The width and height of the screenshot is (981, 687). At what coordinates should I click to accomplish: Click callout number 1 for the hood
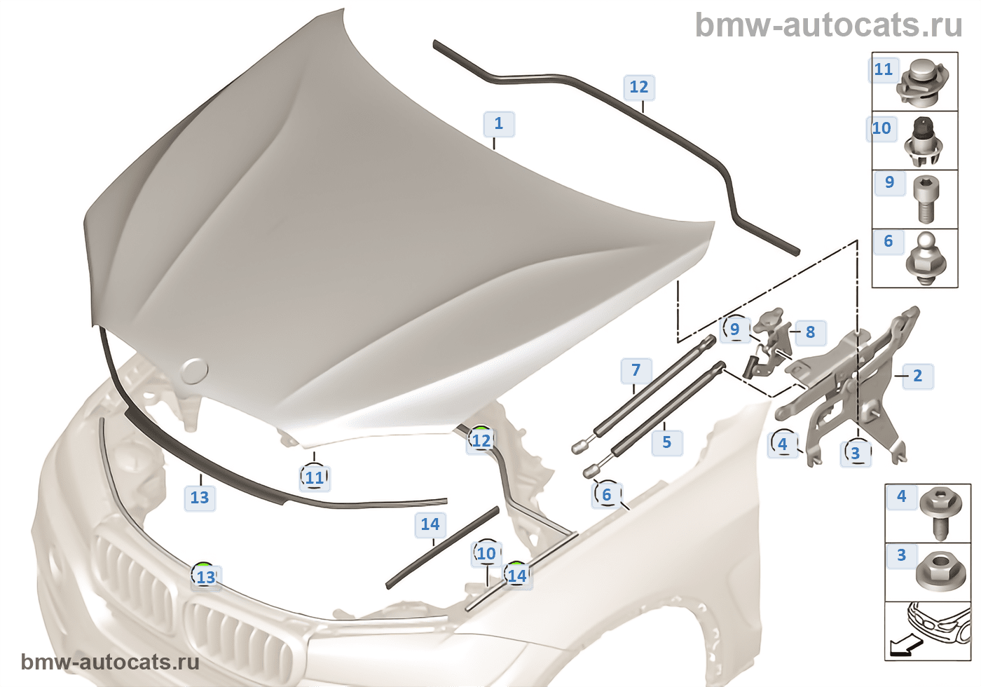(498, 124)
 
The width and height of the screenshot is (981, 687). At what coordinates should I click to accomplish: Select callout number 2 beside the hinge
(917, 376)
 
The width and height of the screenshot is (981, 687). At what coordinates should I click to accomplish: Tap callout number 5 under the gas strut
(666, 442)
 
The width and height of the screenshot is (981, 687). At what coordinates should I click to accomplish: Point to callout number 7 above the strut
(636, 370)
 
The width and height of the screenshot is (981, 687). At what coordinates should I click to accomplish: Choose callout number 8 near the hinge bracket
(810, 332)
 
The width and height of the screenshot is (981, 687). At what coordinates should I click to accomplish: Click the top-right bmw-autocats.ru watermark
(828, 26)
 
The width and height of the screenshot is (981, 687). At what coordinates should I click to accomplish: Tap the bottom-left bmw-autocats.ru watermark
(110, 662)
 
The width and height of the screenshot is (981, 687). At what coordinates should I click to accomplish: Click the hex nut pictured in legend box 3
(938, 569)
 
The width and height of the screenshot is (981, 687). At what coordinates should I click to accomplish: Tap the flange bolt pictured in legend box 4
(938, 512)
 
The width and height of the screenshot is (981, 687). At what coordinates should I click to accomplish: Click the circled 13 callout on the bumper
(205, 577)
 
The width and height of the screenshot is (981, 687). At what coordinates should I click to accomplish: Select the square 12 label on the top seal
(638, 87)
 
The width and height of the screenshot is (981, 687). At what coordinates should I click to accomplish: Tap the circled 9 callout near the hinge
(734, 329)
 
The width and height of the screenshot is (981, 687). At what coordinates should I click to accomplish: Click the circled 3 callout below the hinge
(855, 453)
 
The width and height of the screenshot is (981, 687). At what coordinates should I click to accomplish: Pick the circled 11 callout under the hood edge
(315, 477)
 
